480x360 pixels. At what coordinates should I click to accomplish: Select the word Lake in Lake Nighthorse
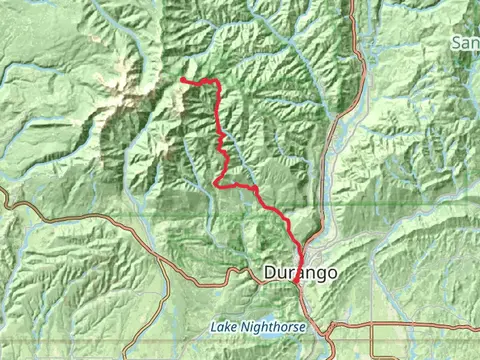coord(221,327)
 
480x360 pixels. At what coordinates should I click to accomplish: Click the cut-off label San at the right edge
coord(466,43)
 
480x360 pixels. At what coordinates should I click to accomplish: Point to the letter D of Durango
coord(270,272)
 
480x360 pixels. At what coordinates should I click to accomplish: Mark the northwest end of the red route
coord(182,80)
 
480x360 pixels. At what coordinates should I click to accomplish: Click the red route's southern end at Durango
coord(297,285)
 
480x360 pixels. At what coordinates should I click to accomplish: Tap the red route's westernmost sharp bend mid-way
coord(216,182)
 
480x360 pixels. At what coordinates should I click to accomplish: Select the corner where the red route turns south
coord(213,83)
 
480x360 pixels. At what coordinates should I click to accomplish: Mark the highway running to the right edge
coord(420,324)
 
